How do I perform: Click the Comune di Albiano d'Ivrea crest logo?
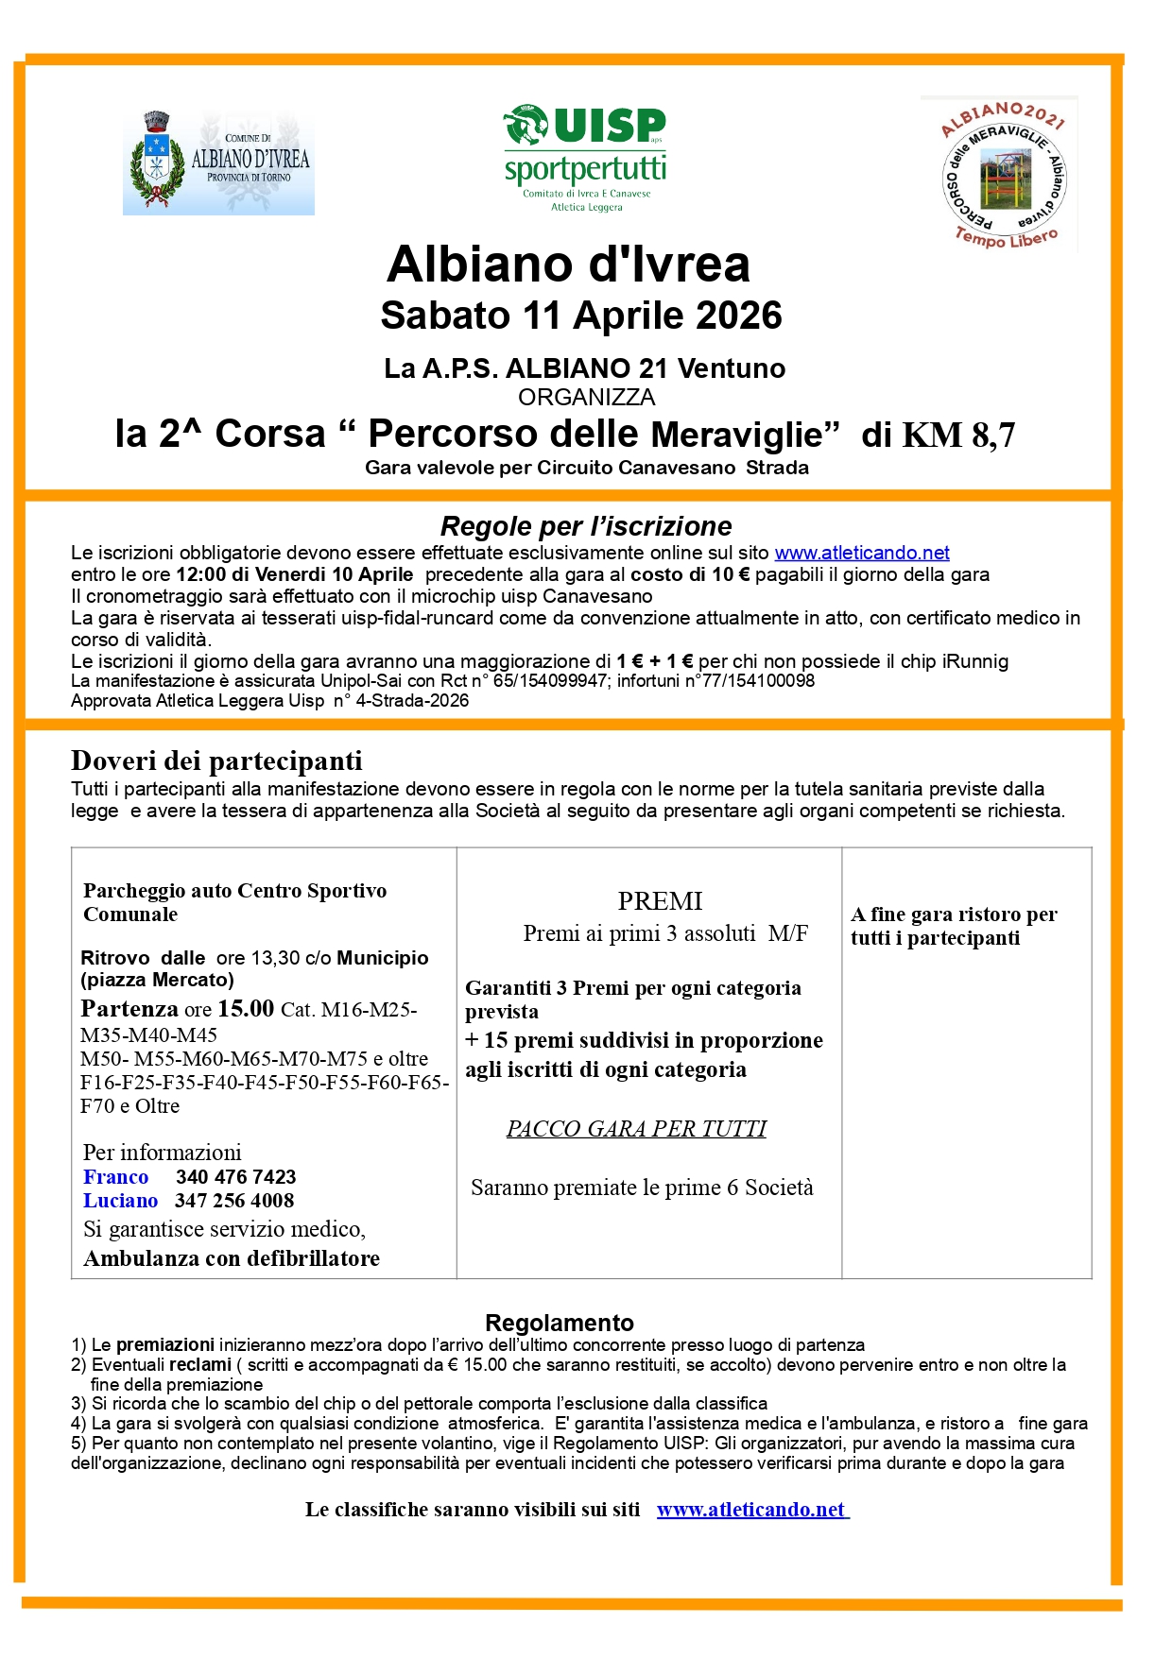(218, 162)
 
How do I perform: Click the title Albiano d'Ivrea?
(568, 265)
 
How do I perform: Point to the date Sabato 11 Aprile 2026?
(580, 316)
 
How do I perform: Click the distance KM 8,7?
(958, 435)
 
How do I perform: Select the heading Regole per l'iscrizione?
(586, 526)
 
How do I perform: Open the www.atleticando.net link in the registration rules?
(862, 553)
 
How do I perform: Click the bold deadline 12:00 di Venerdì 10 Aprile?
(294, 574)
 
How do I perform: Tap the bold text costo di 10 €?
(690, 574)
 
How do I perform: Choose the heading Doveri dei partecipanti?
(216, 761)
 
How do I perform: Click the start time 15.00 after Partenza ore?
(246, 1008)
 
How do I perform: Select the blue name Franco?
(115, 1177)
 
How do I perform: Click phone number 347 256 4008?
(234, 1201)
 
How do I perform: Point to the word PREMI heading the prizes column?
(660, 901)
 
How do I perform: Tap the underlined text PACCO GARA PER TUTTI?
(636, 1129)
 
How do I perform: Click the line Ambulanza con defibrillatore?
(232, 1258)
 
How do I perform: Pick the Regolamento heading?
(560, 1323)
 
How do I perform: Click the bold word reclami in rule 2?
(200, 1365)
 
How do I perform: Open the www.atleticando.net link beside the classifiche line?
(751, 1510)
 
